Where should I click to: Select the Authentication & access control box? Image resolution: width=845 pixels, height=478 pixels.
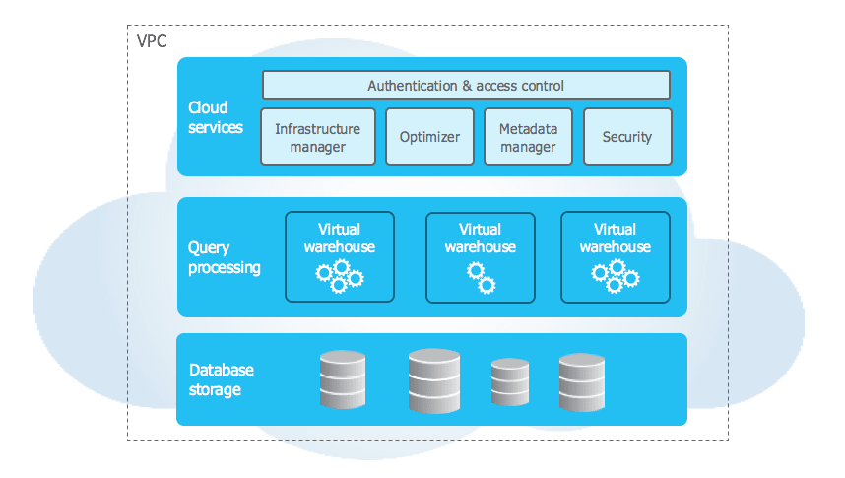click(466, 85)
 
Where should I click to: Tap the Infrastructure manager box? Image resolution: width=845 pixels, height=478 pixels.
click(318, 137)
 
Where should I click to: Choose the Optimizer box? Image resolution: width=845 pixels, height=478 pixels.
click(429, 137)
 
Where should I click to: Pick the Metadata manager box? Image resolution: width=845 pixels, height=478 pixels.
click(528, 137)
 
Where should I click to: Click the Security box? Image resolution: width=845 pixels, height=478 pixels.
click(627, 137)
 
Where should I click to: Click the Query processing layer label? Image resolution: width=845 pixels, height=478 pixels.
click(224, 258)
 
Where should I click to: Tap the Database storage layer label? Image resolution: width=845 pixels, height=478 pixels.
click(221, 379)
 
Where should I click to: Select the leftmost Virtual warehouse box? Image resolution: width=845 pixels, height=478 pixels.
click(340, 256)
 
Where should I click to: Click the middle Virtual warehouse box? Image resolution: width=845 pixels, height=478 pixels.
click(481, 257)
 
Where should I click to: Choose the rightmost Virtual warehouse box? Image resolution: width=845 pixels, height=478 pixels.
click(616, 256)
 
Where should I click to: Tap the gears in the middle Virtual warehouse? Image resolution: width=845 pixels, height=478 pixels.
click(481, 278)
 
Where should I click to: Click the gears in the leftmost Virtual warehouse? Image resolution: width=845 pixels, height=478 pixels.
click(340, 276)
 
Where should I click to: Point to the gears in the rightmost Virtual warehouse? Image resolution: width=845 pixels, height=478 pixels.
click(616, 276)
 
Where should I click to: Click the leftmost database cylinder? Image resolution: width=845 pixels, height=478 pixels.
click(343, 379)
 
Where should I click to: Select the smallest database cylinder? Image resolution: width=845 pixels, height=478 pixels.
click(511, 382)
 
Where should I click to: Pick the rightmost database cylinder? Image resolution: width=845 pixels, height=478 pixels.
click(581, 380)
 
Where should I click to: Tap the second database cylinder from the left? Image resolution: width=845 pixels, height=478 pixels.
click(434, 379)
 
